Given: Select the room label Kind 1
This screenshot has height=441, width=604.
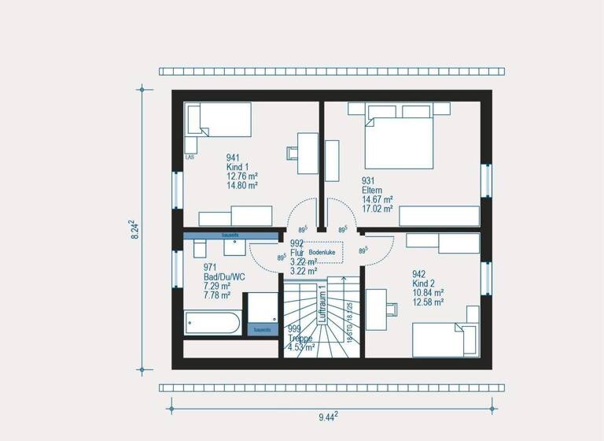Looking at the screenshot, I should coord(238,166).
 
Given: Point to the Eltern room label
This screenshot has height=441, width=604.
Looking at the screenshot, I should coord(373,190).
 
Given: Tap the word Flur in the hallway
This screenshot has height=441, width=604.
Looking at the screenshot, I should coord(297,252).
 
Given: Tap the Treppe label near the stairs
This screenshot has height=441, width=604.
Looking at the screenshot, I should coord(300,338).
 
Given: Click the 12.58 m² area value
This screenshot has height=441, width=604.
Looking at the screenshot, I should coord(429,301).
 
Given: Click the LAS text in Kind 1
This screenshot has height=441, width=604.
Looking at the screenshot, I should coord(190,157).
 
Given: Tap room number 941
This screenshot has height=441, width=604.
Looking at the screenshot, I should coord(234,157).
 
